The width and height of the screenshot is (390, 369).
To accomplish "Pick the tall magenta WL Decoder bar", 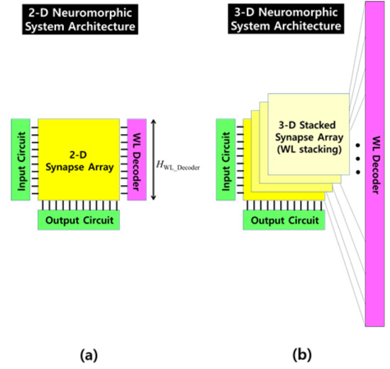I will tap(375, 164).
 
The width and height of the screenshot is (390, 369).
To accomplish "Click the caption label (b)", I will tap(292, 353).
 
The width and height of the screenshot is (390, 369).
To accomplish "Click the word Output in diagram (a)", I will tap(62, 220).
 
